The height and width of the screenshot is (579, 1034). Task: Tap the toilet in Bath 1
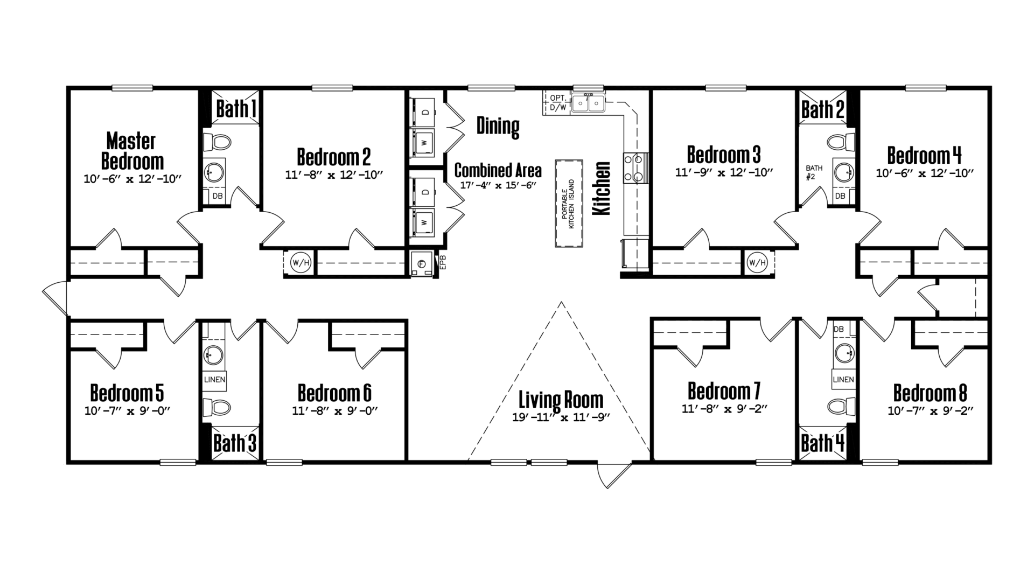click(x=218, y=142)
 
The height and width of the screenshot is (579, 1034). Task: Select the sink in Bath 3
click(x=214, y=355)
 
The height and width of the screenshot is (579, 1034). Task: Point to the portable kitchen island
click(x=569, y=203)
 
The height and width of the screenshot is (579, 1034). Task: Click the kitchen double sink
click(x=589, y=103)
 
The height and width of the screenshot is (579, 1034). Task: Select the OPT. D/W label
click(x=558, y=102)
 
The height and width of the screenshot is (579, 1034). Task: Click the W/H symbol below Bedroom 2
click(x=301, y=263)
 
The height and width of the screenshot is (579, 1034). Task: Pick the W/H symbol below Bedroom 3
click(x=757, y=263)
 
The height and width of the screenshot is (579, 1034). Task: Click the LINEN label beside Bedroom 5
click(x=214, y=380)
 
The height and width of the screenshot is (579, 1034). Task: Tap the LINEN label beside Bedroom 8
click(x=843, y=380)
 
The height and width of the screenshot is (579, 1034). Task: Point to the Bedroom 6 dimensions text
click(x=334, y=411)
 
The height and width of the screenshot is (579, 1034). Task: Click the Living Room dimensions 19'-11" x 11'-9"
click(x=561, y=417)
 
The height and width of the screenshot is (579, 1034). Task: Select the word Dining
click(x=498, y=127)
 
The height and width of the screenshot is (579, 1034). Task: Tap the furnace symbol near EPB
click(x=422, y=264)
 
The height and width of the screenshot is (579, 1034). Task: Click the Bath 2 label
click(x=823, y=109)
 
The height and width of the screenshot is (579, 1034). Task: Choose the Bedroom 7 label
click(x=724, y=391)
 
